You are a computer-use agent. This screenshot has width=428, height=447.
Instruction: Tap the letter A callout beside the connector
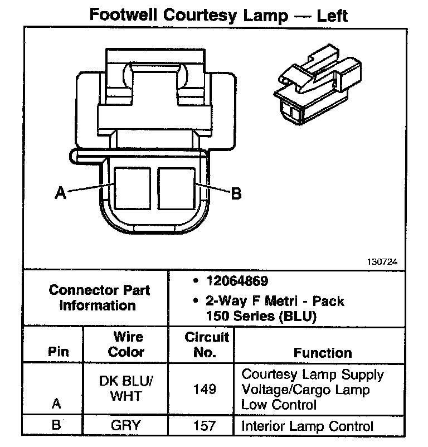(x=60, y=193)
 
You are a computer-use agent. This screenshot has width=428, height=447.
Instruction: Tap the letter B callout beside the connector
(x=236, y=193)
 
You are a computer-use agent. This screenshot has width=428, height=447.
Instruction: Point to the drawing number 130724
(x=382, y=261)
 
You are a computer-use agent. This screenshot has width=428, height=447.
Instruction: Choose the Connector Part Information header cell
(x=99, y=298)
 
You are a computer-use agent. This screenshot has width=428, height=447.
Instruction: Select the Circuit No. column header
(x=207, y=344)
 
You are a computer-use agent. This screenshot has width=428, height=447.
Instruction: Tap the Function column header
(x=323, y=353)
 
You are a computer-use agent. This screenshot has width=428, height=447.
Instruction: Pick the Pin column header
(x=58, y=352)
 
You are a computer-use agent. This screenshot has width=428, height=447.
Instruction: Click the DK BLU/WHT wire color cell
(x=127, y=388)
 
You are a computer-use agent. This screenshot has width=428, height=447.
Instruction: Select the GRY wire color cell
(x=126, y=426)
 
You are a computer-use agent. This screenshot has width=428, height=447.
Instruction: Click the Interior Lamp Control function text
(x=307, y=427)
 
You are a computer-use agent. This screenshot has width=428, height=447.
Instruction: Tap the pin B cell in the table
(x=56, y=426)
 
